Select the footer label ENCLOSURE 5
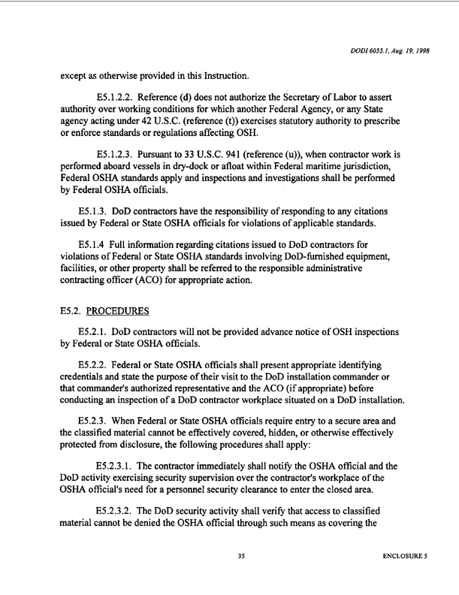pyautogui.click(x=406, y=557)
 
